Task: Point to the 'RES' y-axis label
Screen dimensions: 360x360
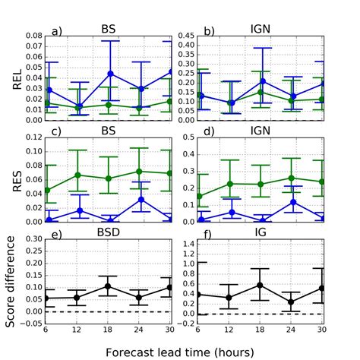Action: (x=17, y=180)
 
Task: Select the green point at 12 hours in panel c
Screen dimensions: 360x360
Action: (x=78, y=175)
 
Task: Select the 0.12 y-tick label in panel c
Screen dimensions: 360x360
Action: (x=32, y=137)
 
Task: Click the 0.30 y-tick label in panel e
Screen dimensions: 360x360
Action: (x=32, y=239)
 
